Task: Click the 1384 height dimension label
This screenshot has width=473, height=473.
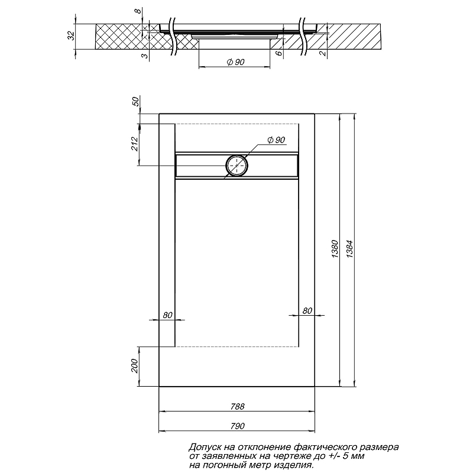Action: [x=349, y=249]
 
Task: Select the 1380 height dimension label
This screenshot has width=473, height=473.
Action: [x=335, y=249]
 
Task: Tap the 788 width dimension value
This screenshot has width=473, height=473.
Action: [x=238, y=407]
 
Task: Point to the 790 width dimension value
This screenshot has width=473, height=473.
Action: [x=238, y=426]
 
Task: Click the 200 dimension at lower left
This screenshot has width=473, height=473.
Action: [x=134, y=366]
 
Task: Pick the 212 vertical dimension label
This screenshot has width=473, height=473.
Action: [x=134, y=144]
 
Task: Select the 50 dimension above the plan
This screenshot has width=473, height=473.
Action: [x=136, y=101]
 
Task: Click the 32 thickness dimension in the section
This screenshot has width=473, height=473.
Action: [x=70, y=35]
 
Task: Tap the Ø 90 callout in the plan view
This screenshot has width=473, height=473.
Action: [x=276, y=140]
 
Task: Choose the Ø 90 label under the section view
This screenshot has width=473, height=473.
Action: [x=235, y=62]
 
